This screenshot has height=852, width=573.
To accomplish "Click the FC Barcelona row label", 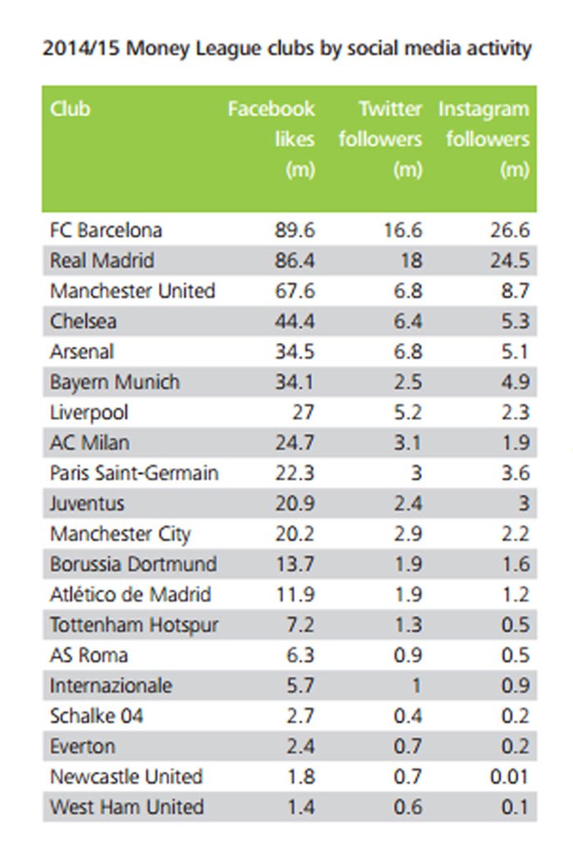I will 106,230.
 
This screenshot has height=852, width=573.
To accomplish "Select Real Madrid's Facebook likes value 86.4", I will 294,260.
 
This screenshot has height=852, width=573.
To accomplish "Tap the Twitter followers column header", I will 380,139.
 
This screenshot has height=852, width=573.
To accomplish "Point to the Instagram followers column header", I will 486,139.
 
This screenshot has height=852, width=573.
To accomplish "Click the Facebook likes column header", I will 273,139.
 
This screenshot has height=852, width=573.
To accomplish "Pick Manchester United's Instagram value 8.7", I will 511,291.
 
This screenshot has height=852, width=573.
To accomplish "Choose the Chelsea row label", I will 83,321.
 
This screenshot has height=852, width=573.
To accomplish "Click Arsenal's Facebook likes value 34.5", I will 294,352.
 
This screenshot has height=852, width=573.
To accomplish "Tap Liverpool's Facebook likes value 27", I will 302,413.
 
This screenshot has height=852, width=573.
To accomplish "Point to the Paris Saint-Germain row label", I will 134,473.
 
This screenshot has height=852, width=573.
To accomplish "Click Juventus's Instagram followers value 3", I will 521,503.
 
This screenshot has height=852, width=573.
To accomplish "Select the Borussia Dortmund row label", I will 133,564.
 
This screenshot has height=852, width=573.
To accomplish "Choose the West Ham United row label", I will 126,807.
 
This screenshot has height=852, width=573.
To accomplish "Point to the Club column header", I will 70,109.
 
